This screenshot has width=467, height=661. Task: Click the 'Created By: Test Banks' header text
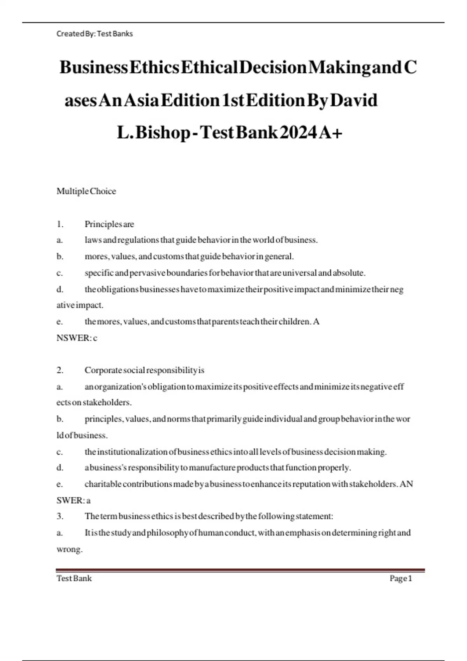click(95, 34)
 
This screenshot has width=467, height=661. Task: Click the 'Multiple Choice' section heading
click(86, 191)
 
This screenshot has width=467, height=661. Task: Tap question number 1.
click(60, 224)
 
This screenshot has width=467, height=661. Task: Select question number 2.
click(60, 370)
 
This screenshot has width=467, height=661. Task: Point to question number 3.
click(60, 516)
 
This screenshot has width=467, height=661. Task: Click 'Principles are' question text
click(109, 224)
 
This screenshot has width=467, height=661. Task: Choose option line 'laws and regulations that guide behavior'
click(201, 240)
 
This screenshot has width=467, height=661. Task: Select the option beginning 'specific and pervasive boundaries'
click(225, 273)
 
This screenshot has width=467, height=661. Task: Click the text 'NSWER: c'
click(77, 338)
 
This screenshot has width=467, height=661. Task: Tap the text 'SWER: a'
click(73, 500)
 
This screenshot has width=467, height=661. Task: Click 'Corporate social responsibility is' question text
click(144, 370)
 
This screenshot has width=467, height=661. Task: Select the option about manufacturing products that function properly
click(218, 468)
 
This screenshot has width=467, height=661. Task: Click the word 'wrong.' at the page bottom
click(69, 549)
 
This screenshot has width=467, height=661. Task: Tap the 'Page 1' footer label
click(400, 579)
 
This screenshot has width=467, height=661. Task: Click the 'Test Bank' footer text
click(74, 579)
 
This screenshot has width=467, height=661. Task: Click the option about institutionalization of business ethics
click(235, 452)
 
